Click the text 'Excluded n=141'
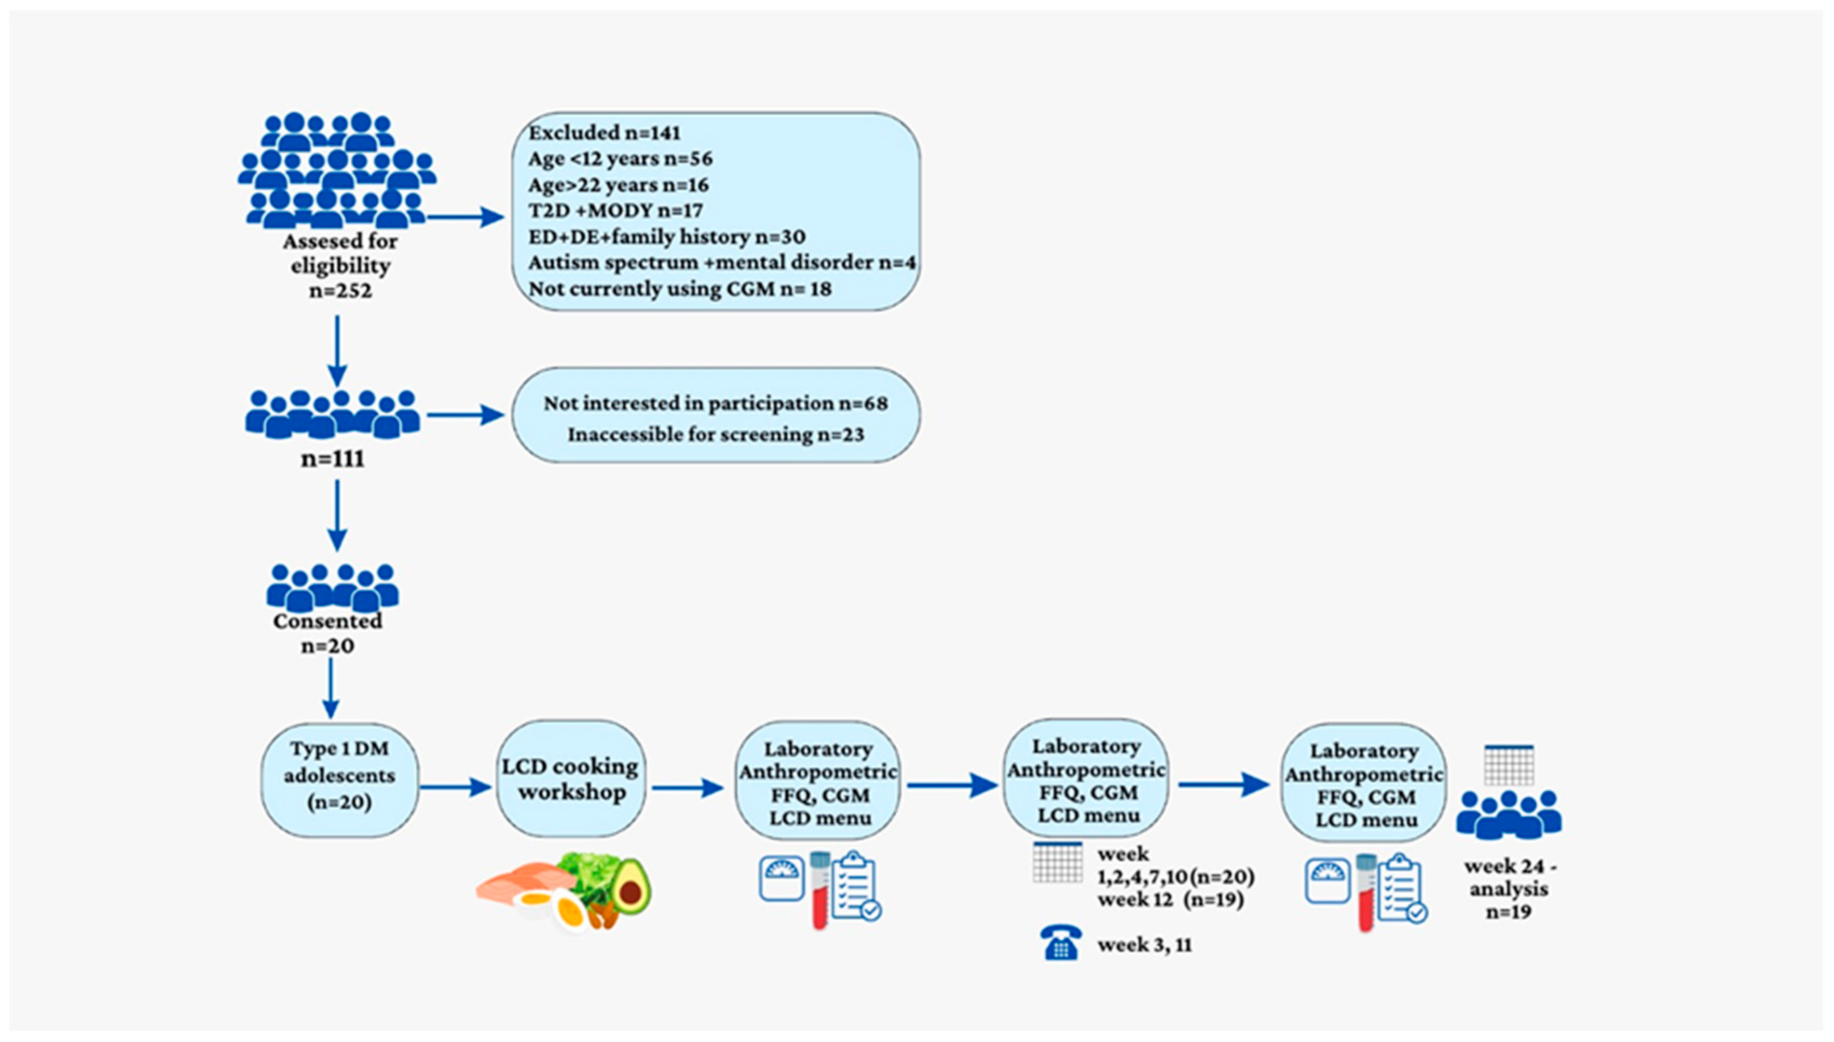tap(604, 133)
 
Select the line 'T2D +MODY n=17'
tap(616, 210)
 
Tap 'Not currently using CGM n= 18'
tap(680, 289)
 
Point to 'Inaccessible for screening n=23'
tap(716, 434)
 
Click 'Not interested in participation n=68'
tap(716, 404)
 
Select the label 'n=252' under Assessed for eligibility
tap(340, 291)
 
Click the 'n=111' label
tap(333, 459)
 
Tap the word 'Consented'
tap(328, 621)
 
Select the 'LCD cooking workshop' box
tap(571, 779)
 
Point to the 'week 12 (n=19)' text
tap(1170, 900)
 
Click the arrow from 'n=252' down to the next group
tap(337, 351)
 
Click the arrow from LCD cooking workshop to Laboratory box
tap(687, 788)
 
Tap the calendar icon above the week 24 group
tap(1509, 765)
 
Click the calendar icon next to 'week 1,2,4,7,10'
tap(1057, 862)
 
